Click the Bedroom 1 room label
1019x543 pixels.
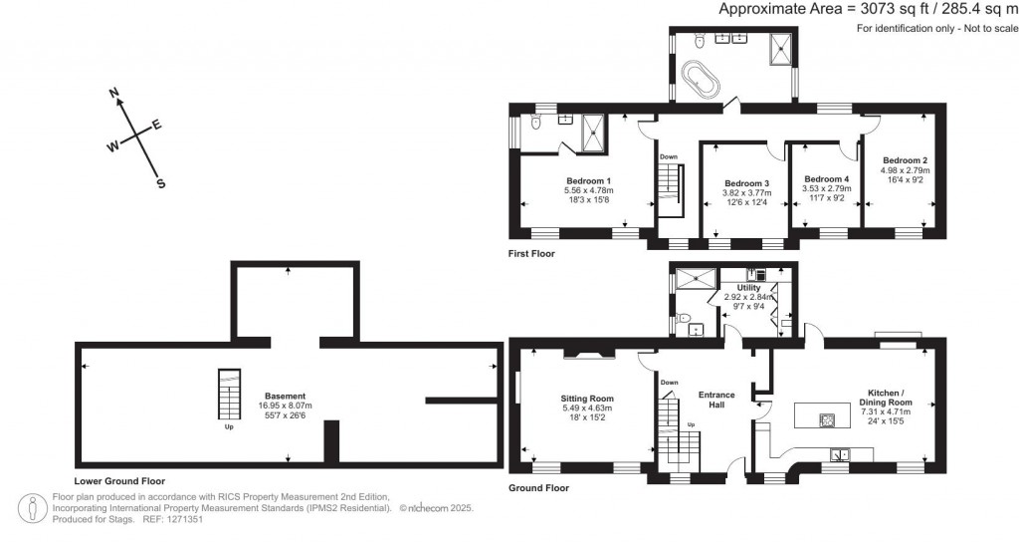pyautogui.click(x=588, y=180)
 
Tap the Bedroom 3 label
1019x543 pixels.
pyautogui.click(x=746, y=183)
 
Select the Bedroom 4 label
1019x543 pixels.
pyautogui.click(x=826, y=178)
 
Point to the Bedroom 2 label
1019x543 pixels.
pyautogui.click(x=905, y=160)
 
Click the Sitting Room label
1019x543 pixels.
pyautogui.click(x=587, y=399)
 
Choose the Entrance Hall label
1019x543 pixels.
pyautogui.click(x=716, y=400)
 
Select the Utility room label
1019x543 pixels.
pyautogui.click(x=748, y=287)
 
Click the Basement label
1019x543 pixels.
pyautogui.click(x=285, y=396)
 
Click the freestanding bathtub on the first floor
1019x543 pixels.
pyautogui.click(x=700, y=80)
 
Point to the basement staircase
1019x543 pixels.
pyautogui.click(x=228, y=395)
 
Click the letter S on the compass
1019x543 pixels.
pyautogui.click(x=160, y=184)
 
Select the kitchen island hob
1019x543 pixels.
pyautogui.click(x=828, y=419)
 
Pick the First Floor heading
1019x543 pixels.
pyautogui.click(x=531, y=254)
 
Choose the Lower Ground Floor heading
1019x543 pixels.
pyautogui.click(x=119, y=481)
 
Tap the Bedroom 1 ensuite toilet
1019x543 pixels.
pyautogui.click(x=535, y=123)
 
